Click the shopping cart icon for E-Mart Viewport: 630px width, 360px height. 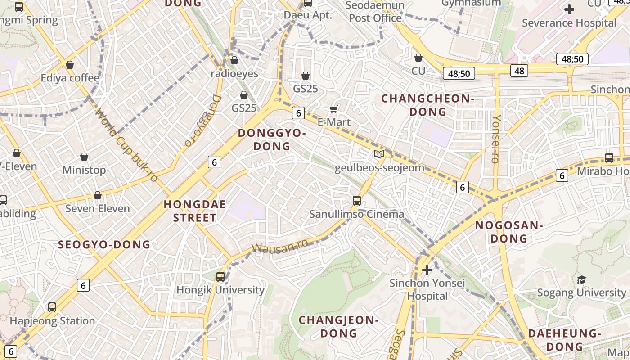coord(334,109)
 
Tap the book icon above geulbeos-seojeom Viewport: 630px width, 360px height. coord(379,154)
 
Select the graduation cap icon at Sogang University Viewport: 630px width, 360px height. coord(582,279)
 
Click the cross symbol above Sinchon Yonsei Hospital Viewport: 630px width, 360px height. coord(427,270)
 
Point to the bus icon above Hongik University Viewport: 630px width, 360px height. coord(220,277)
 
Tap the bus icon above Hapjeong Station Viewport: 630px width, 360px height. coord(52,307)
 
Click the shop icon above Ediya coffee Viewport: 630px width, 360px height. coord(70,65)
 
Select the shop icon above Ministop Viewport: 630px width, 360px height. coord(84,157)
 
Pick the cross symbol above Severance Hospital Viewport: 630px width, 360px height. coord(569,9)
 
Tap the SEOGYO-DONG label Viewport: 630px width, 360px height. coord(104,245)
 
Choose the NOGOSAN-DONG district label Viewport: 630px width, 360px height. coord(509,232)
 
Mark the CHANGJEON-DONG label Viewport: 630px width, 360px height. coord(338,327)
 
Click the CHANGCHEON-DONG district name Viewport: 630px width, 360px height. coord(428,105)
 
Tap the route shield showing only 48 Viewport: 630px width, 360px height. coord(519,71)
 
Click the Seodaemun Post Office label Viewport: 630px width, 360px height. coord(375,12)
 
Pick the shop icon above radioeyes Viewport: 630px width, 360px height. coord(234,60)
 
